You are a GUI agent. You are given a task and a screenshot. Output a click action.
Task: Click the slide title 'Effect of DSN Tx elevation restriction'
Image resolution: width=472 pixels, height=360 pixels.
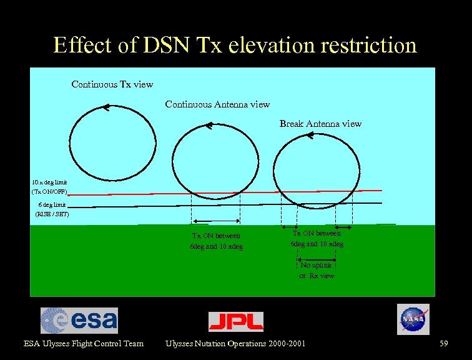tap(235, 45)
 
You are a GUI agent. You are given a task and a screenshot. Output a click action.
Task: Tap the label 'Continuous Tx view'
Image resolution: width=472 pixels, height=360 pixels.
tap(112, 84)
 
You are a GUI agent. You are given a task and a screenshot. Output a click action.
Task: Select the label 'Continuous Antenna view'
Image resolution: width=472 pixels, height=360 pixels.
tap(217, 104)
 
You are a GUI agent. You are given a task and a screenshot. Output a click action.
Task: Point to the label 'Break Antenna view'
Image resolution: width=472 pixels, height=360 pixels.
tap(320, 124)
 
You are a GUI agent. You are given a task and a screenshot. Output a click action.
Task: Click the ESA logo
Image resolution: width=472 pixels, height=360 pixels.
tap(79, 321)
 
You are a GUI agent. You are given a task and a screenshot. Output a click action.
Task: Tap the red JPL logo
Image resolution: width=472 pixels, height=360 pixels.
tap(235, 321)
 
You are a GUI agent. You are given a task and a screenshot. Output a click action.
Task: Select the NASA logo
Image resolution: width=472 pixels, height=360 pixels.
tap(413, 319)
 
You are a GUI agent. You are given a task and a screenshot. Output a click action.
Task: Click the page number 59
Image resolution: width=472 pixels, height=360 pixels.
tap(444, 343)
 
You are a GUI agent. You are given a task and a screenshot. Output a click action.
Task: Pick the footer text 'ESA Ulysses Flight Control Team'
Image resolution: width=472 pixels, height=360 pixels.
tap(84, 343)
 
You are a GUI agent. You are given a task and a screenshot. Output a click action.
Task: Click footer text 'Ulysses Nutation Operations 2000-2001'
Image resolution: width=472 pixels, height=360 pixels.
tap(235, 343)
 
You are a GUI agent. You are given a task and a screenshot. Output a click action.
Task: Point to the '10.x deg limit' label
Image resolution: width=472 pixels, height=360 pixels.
tap(49, 181)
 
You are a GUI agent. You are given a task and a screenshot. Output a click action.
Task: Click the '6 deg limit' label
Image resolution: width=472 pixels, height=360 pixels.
tap(51, 204)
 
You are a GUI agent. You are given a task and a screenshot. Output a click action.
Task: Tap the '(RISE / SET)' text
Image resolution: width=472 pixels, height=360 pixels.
tap(52, 214)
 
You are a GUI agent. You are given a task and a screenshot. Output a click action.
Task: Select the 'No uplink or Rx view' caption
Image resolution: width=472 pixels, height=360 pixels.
tap(317, 270)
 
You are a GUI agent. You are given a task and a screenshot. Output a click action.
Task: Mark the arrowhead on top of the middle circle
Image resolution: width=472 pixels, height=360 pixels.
tap(208, 126)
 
